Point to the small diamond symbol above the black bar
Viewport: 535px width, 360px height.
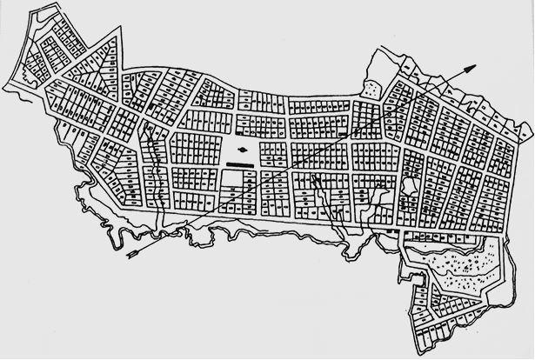[242, 149]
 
